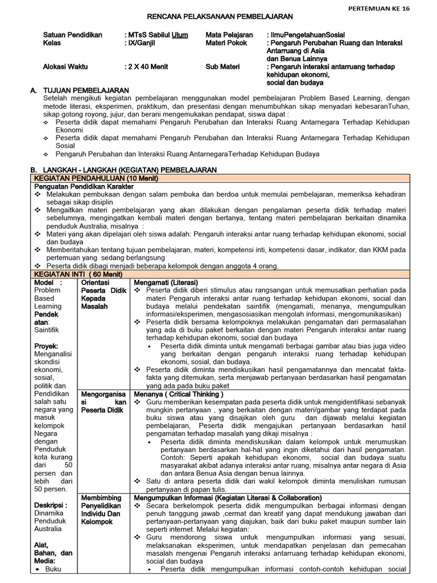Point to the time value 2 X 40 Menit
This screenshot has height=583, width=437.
click(x=147, y=66)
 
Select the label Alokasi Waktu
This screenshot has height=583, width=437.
click(x=65, y=66)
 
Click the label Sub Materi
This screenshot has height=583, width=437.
click(x=222, y=66)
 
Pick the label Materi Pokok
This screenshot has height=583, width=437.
click(x=226, y=43)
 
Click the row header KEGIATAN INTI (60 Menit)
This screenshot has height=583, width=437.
click(x=79, y=274)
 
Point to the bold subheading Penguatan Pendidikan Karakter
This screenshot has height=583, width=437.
click(x=84, y=186)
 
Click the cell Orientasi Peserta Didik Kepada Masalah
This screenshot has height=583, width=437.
click(x=103, y=294)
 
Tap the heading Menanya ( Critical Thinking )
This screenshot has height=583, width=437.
click(x=179, y=393)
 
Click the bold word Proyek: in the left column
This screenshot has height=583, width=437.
click(x=48, y=346)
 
